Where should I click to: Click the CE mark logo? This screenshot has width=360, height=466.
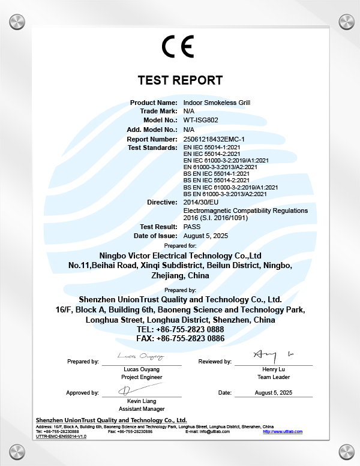tap(178, 47)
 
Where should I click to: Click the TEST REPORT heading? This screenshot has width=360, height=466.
tap(180, 80)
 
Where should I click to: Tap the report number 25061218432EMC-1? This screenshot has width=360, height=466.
tap(214, 139)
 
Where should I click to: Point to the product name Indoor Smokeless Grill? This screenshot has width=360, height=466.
tap(216, 103)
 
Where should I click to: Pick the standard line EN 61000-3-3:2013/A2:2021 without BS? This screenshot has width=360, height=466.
tap(220, 167)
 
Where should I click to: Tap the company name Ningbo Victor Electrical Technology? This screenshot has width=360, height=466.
tap(180, 254)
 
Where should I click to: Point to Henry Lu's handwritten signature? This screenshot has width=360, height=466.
tap(273, 354)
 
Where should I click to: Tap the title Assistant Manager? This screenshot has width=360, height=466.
tap(142, 408)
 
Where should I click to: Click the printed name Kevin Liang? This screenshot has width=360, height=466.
tap(142, 400)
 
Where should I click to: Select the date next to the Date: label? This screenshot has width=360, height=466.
tap(274, 392)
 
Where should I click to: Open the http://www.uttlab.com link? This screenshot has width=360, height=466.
tap(283, 431)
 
